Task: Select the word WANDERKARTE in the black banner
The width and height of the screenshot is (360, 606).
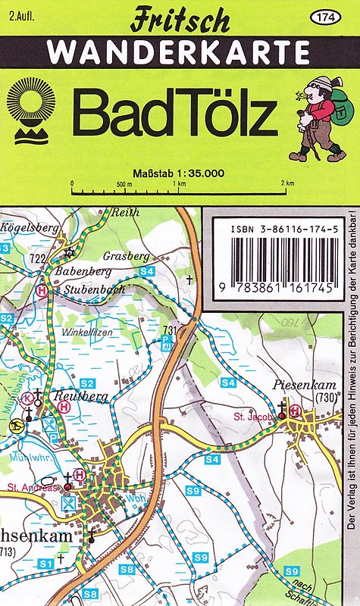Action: click(x=179, y=52)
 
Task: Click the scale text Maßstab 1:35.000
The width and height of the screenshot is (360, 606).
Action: click(x=178, y=173)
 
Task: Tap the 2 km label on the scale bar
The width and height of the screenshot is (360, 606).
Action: click(x=286, y=184)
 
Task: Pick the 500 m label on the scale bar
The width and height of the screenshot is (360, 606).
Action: click(x=124, y=184)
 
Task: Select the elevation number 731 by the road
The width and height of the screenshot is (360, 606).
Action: click(x=169, y=330)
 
